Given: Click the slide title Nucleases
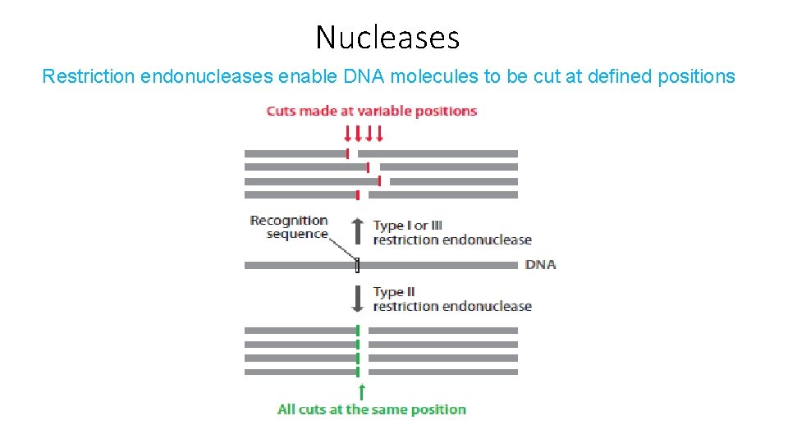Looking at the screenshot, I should (x=387, y=38).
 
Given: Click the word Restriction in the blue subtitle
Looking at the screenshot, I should (x=89, y=77).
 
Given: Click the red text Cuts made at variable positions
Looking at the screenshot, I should (x=371, y=111).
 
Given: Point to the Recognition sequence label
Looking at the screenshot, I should (x=289, y=226).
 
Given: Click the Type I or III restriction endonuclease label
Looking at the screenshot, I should (x=451, y=232).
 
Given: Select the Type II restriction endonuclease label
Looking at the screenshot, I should (x=451, y=299).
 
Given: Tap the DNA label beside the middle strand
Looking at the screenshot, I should (x=540, y=264).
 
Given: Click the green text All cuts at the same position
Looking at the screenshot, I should (x=371, y=409).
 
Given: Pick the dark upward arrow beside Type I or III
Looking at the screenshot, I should (x=357, y=231).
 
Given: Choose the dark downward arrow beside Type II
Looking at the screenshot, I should (x=357, y=298).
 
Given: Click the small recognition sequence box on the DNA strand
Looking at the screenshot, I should (x=358, y=265).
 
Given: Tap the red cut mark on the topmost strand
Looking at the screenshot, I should (x=348, y=153).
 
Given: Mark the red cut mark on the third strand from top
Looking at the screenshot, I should (x=378, y=180).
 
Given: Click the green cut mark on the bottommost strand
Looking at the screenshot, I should (x=358, y=372).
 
